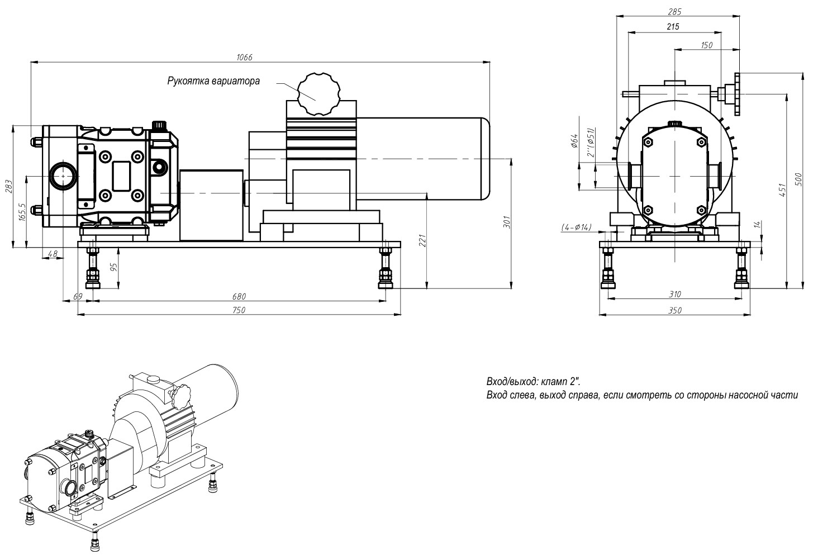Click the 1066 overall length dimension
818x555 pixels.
pos(245,57)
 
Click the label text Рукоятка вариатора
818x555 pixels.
pos(213,81)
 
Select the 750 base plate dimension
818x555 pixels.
pos(239,310)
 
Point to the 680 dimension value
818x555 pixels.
pos(239,296)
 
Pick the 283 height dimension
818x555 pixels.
pos(8,186)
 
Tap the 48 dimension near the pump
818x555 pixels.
pos(53,254)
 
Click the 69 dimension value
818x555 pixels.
pos(79,296)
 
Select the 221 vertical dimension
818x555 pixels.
pos(423,240)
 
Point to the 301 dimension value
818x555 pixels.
pos(507,222)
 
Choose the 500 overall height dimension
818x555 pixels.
pos(799,179)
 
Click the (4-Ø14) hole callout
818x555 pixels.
pos(576,227)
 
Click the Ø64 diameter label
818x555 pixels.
pos(574,141)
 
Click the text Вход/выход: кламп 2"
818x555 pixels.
pos(533,382)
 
